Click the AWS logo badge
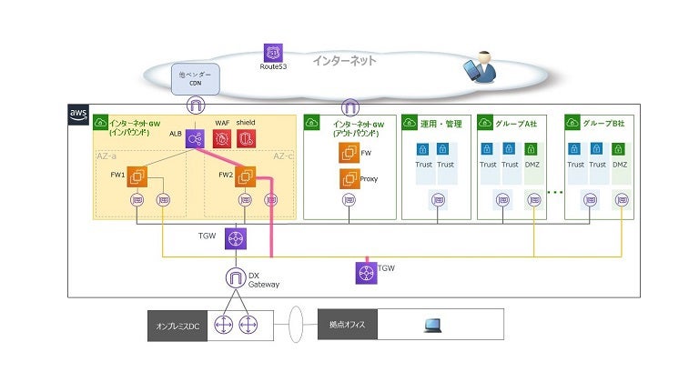click(79, 115)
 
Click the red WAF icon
click(221, 139)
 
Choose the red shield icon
click(246, 139)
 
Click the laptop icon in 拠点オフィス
click(433, 325)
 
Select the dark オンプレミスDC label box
click(177, 326)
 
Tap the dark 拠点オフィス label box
click(346, 325)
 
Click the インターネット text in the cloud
click(344, 61)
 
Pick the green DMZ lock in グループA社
click(532, 148)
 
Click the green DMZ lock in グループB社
click(619, 148)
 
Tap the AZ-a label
click(108, 156)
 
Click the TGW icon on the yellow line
click(366, 271)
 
